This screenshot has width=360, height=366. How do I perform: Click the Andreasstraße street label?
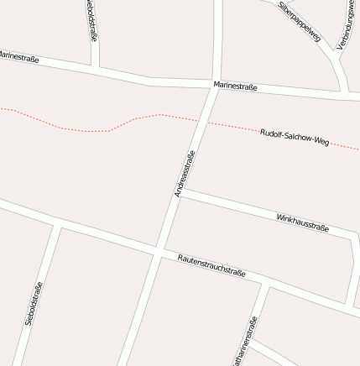point(185,174)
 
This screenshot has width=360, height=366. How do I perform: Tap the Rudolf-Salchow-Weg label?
point(294,137)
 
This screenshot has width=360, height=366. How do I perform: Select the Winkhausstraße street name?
point(302,222)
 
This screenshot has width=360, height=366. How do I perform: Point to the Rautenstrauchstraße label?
point(211,265)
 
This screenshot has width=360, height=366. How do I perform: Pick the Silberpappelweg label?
point(300,20)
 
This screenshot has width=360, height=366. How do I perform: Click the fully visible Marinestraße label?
point(235,86)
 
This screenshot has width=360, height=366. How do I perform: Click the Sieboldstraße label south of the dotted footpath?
point(34,303)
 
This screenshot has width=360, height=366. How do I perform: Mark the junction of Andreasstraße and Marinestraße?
point(216,86)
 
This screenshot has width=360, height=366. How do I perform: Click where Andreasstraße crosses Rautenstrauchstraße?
point(158,251)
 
